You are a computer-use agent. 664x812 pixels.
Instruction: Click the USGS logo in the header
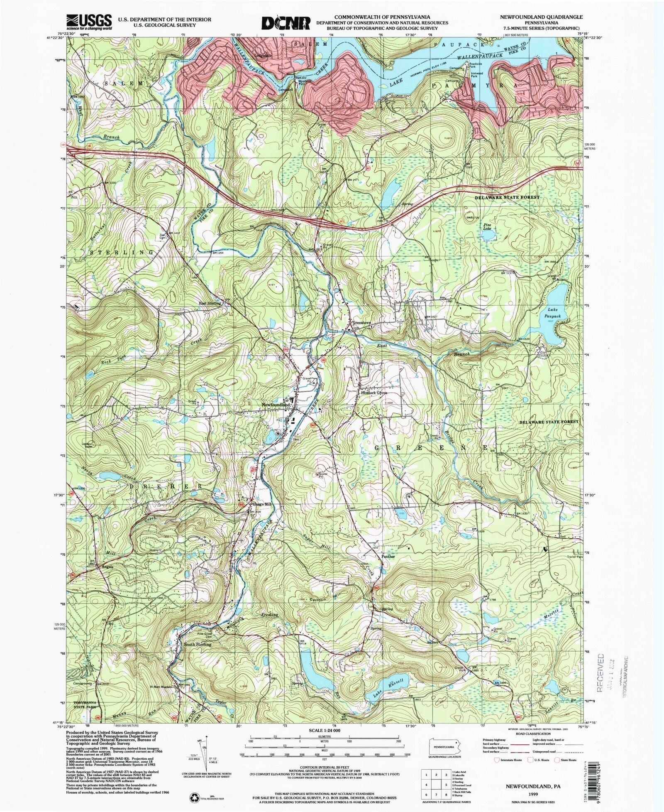[89, 21]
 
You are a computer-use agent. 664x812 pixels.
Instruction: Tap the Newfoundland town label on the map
[275, 405]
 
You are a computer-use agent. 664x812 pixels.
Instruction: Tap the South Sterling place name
[198, 644]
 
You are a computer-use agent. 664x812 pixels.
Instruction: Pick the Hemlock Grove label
[373, 392]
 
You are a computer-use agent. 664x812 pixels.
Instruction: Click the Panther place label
[386, 557]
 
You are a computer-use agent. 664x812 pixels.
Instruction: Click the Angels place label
[105, 567]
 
